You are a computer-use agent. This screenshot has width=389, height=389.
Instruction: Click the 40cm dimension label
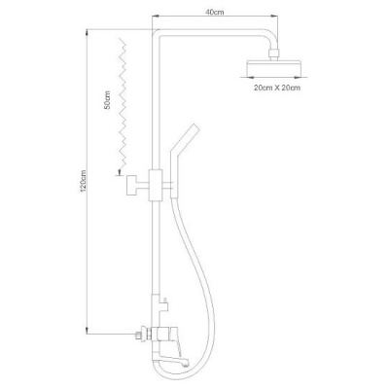[x=215, y=13]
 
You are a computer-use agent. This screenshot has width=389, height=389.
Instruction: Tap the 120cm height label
[x=83, y=181]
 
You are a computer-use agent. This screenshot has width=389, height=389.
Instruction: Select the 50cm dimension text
[x=108, y=100]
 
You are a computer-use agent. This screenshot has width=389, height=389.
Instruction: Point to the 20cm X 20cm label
[x=277, y=88]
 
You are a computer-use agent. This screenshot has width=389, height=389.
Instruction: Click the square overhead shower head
[x=273, y=66]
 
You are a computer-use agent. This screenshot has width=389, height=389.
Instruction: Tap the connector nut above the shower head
[x=273, y=54]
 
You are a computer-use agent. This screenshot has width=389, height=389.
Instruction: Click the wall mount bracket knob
[x=131, y=185]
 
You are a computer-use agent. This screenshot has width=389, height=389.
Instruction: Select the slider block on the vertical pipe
[x=155, y=185]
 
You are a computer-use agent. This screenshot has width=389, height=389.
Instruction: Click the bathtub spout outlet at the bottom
[x=186, y=363]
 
